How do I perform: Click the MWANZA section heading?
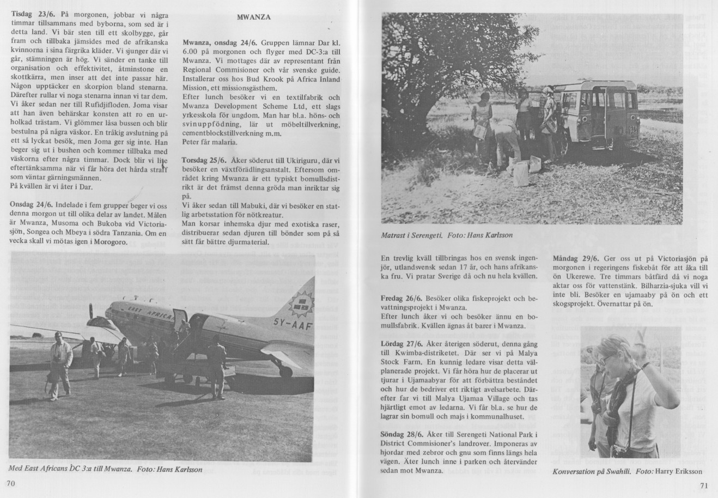pos(254,17)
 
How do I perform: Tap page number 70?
pos(11,483)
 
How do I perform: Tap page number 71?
pos(703,486)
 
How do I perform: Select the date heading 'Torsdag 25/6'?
pos(203,160)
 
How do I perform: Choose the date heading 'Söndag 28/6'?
pos(403,434)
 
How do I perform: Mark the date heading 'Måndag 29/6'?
pos(575,257)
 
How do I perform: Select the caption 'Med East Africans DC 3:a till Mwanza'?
pos(70,468)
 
